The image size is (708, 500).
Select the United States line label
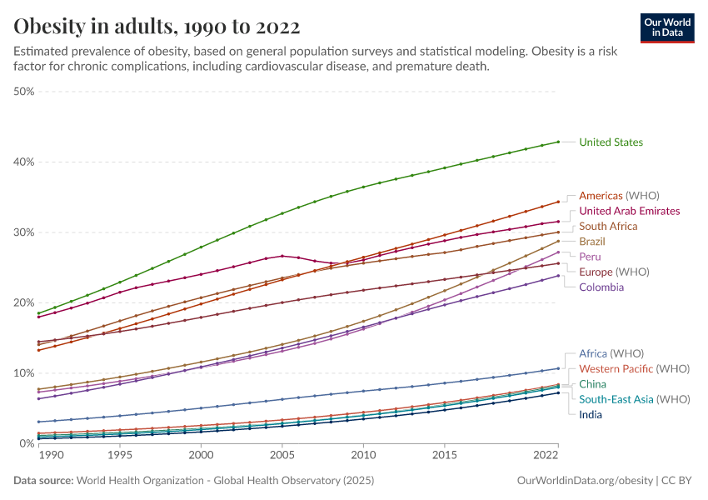point(611,142)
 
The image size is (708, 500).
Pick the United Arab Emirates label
point(629,211)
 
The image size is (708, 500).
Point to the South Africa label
point(608,227)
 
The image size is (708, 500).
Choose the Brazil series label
point(592,242)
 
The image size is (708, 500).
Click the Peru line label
point(590,257)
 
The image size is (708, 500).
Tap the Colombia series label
point(601,287)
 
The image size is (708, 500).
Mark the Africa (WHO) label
point(611,353)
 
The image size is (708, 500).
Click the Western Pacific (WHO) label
point(634,368)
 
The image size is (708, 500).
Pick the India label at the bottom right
point(591,414)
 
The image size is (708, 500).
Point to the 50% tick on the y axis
point(23,91)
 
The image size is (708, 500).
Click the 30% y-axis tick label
point(23,232)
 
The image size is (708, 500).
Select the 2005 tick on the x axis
point(282,456)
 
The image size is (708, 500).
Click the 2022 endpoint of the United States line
point(558,142)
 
